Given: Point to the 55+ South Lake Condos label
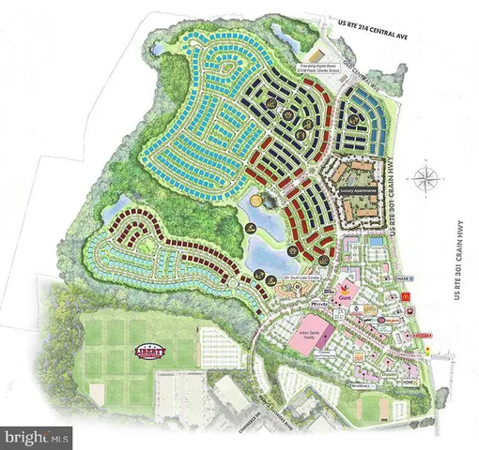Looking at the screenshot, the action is pos(296,277).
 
